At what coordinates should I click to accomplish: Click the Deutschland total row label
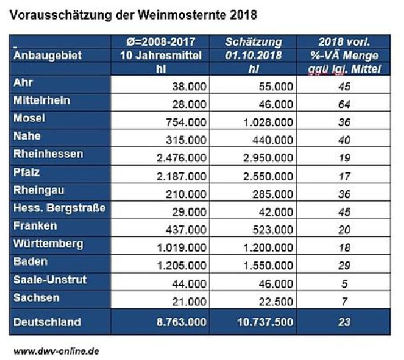47,322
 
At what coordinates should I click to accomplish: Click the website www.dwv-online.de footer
58,351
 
